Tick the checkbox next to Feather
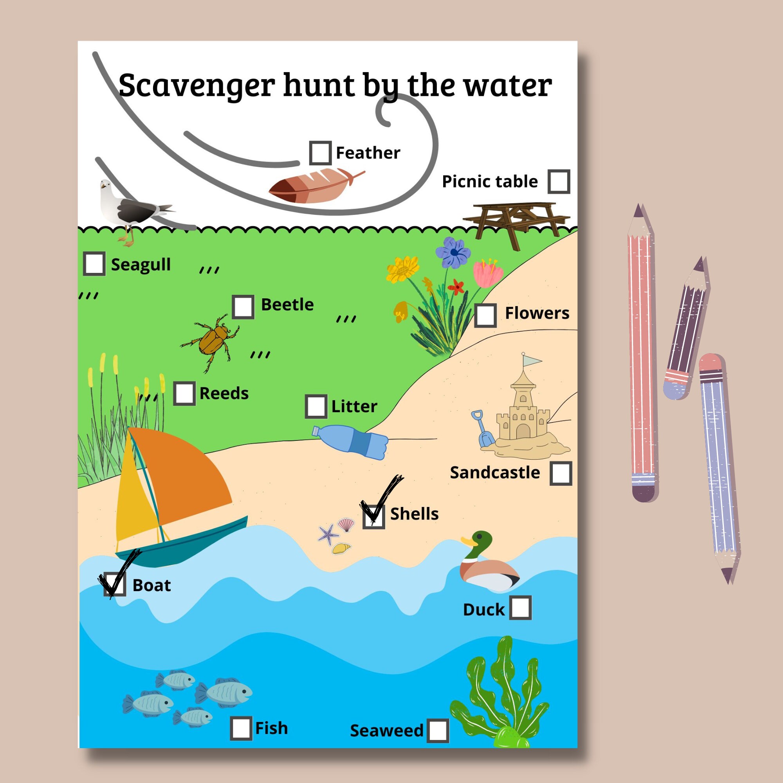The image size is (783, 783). coord(320,153)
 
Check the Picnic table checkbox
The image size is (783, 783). coord(559,181)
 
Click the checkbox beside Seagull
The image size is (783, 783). coord(94,264)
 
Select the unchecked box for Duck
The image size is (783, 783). coord(520,608)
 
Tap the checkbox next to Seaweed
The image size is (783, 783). coord(438,730)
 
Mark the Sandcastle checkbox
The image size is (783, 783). coord(561,473)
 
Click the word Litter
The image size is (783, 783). coord(354,406)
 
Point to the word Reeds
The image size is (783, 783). coord(224,393)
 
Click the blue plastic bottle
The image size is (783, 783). coord(350,441)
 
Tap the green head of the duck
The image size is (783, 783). coord(482,541)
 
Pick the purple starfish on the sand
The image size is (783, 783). coord(327,534)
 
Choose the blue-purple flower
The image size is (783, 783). coord(453,253)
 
